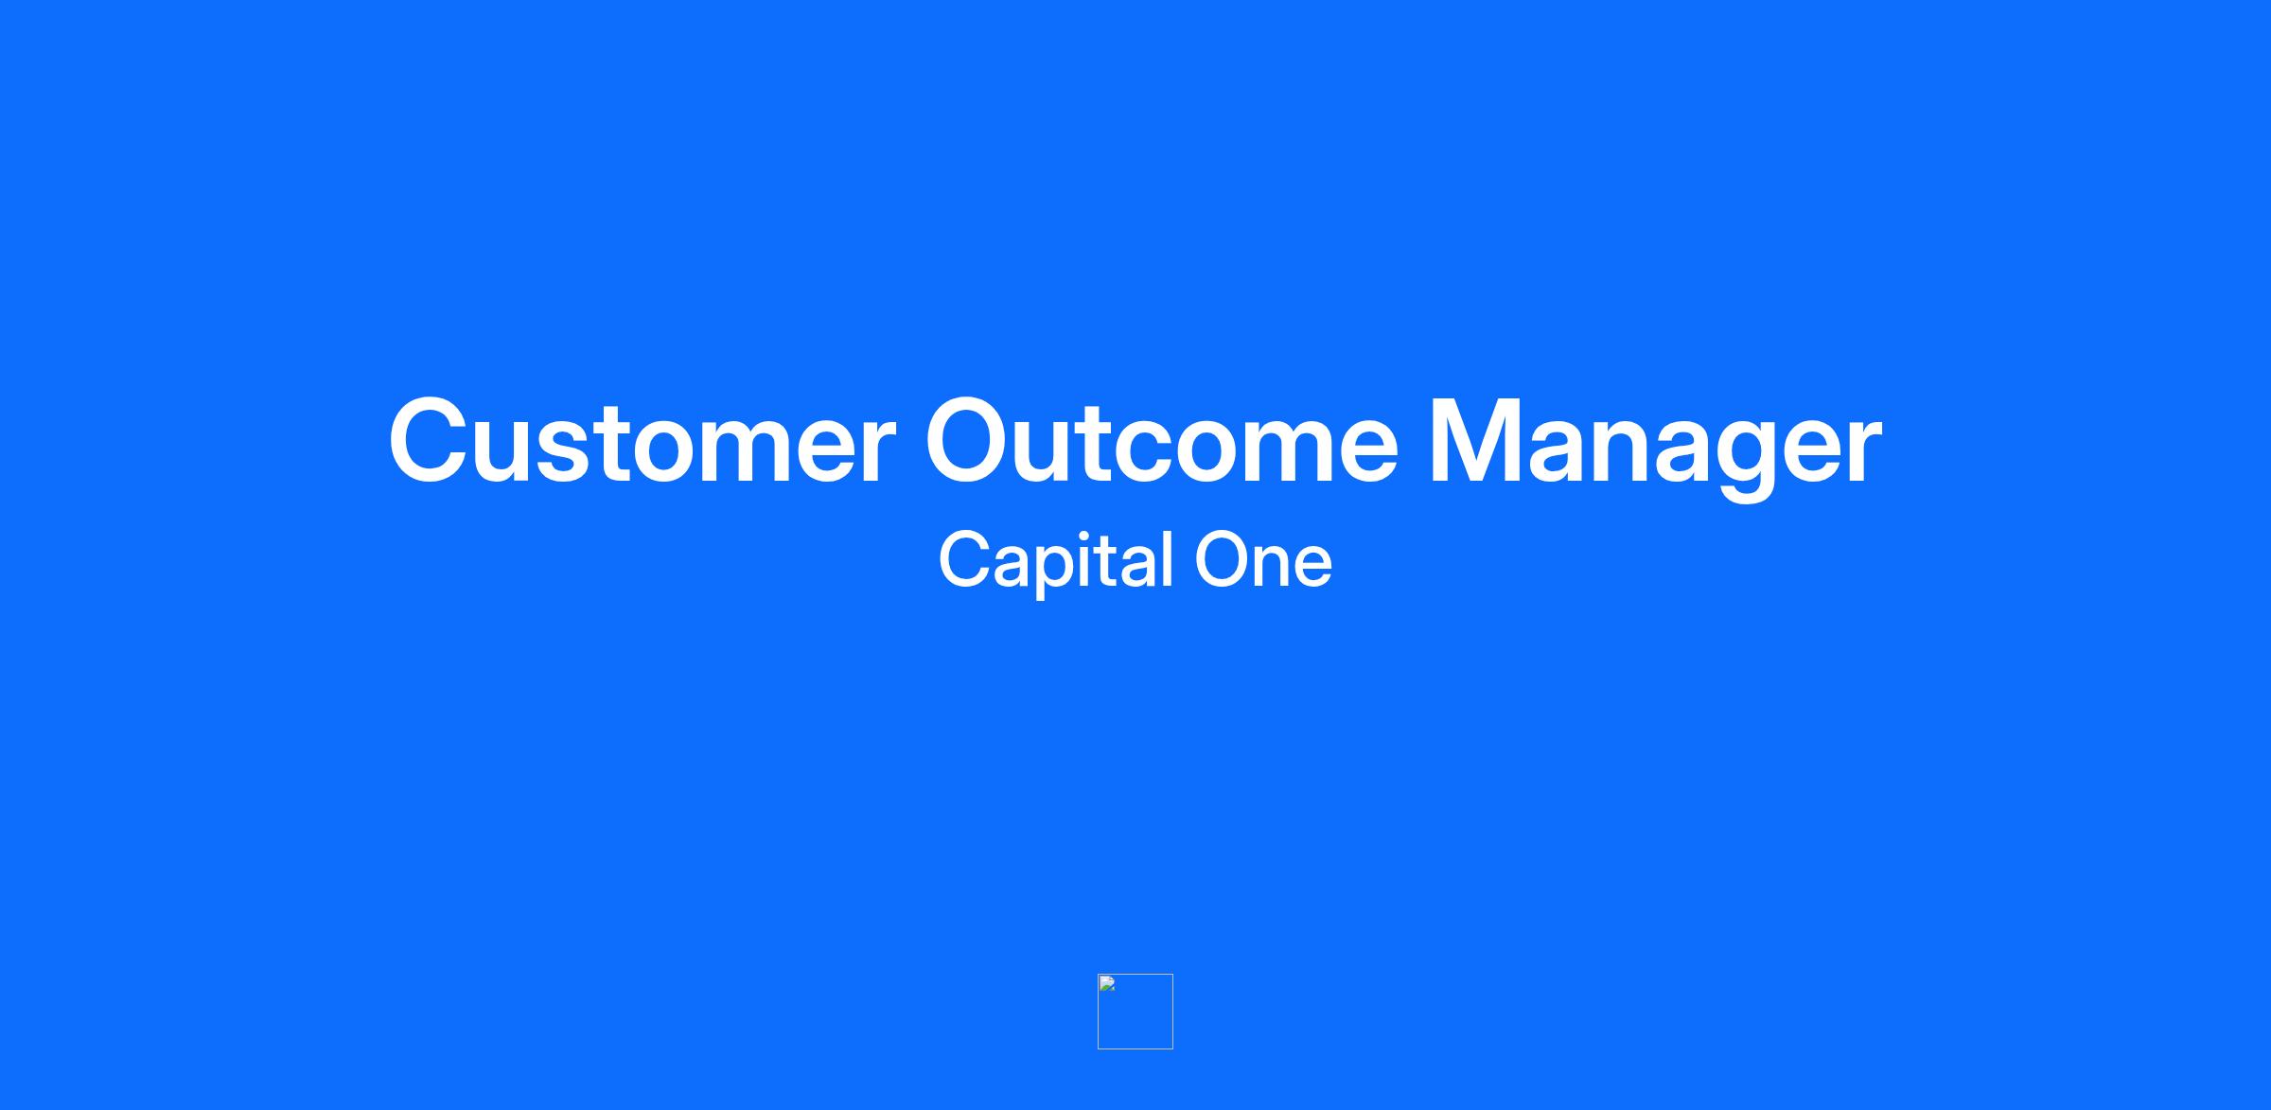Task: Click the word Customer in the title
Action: coord(643,441)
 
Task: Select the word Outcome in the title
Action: coord(1161,441)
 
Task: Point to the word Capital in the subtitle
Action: coord(1056,562)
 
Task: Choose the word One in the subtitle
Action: coord(1264,560)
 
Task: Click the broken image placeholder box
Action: coord(1135,1012)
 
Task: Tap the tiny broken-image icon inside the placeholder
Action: coord(1107,983)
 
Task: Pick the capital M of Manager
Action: coord(1475,441)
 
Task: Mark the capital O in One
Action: coord(1224,560)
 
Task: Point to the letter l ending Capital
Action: coord(1170,559)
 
